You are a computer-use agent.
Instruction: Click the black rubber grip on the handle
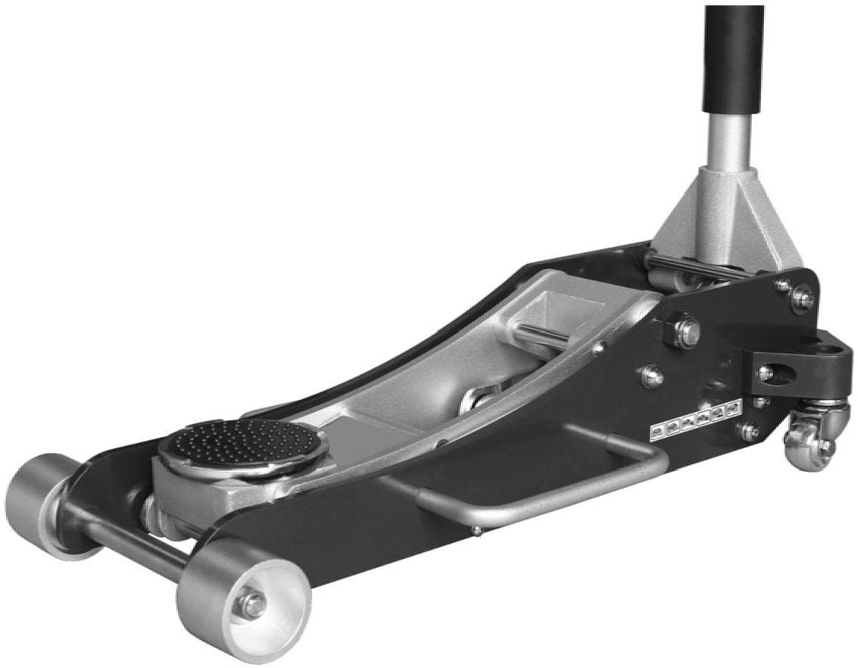(734, 61)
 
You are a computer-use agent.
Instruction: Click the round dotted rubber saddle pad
(242, 446)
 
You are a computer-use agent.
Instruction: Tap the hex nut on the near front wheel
(251, 604)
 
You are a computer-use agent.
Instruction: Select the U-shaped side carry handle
(530, 485)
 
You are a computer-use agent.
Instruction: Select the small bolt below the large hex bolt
(652, 375)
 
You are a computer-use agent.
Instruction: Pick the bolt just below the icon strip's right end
(747, 432)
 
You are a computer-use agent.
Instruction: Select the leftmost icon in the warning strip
(658, 432)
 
